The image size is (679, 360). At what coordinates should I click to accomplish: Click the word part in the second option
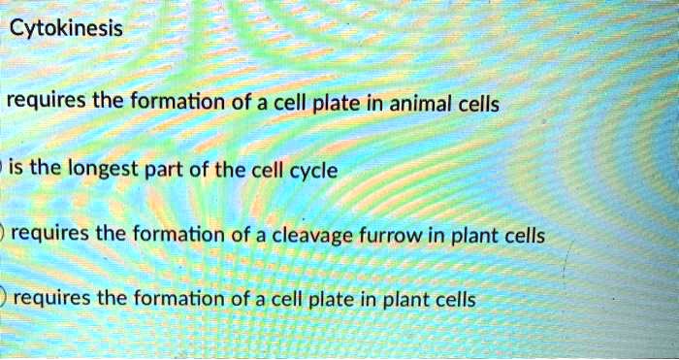(x=178, y=171)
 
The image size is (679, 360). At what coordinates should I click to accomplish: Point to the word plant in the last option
(x=401, y=299)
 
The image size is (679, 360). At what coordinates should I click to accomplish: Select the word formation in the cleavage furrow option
(x=180, y=234)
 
